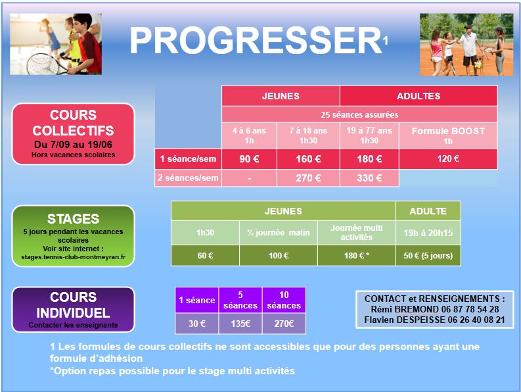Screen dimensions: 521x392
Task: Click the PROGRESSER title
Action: click(x=256, y=40)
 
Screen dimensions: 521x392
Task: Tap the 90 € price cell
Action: click(x=249, y=159)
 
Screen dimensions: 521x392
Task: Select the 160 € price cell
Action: click(x=308, y=159)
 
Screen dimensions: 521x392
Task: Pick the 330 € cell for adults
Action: click(x=369, y=178)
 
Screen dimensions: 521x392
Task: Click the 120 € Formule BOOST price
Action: click(x=448, y=159)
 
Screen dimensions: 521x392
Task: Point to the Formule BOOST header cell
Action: click(x=448, y=135)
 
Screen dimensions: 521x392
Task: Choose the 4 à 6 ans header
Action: click(x=249, y=135)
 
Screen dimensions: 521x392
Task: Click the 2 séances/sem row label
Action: click(x=188, y=178)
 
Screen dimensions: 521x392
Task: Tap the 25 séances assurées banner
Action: click(x=359, y=115)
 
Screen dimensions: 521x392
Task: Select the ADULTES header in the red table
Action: click(x=419, y=96)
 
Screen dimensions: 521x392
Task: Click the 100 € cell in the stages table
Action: click(x=279, y=256)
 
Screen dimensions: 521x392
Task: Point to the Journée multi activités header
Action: click(x=357, y=233)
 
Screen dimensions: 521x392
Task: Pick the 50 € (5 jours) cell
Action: click(x=428, y=256)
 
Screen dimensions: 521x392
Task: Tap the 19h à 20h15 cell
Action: click(x=428, y=233)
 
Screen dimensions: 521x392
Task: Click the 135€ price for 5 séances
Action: click(x=240, y=324)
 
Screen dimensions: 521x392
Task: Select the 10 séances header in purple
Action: click(x=284, y=300)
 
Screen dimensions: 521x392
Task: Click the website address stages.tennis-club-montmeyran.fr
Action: click(x=74, y=257)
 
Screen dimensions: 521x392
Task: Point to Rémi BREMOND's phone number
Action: click(x=470, y=309)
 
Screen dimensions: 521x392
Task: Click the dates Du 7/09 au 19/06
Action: click(x=73, y=145)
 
